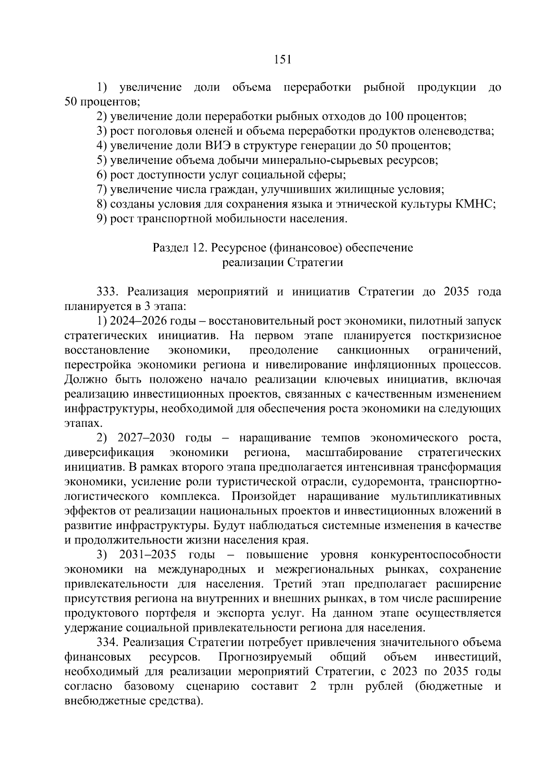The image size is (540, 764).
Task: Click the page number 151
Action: pyautogui.click(x=282, y=60)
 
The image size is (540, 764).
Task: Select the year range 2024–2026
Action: pyautogui.click(x=137, y=321)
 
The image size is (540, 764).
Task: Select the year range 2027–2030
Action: pyautogui.click(x=146, y=438)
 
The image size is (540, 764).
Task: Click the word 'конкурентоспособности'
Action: pyautogui.click(x=435, y=555)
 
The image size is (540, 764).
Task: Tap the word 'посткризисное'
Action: pyautogui.click(x=462, y=336)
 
